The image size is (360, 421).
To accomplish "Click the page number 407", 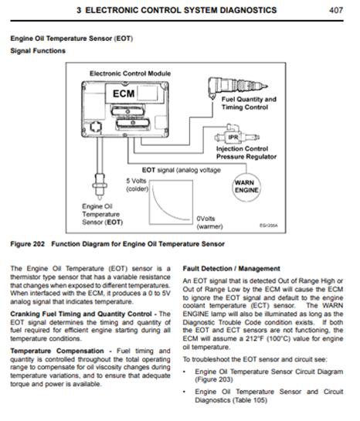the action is pos(336,10).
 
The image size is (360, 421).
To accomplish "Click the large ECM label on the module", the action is pos(124,93).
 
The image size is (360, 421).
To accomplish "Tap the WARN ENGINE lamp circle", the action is pos(246,187).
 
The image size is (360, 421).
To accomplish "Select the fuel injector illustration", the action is pos(237,87).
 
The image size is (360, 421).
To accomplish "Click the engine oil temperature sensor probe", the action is pos(100,185).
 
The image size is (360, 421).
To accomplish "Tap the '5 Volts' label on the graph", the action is pos(137,181).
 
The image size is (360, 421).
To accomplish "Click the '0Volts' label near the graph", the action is pos(206,219).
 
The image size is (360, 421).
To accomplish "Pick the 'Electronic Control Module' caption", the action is pos(131,73).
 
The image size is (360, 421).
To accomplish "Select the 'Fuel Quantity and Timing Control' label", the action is pos(249,104).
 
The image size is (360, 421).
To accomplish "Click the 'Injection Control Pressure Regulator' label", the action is pos(246,153).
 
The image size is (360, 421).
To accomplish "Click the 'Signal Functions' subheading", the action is pos(38,51).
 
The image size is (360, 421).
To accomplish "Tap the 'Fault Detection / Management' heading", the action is pos(231,269).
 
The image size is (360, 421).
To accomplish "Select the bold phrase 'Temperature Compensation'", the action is pos(57,351).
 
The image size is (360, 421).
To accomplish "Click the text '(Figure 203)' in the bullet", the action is pos(214,380).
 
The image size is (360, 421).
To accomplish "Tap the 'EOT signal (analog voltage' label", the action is pos(182,170).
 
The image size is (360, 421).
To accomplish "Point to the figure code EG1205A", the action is pos(269,226).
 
